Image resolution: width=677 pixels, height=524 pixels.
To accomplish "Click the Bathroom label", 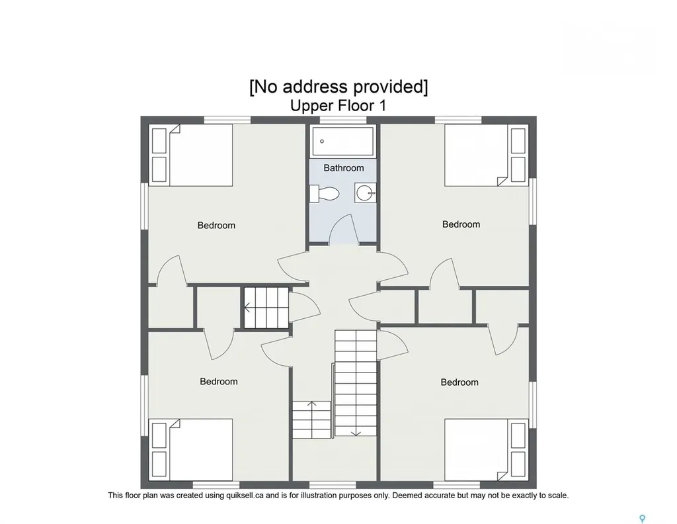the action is click(344, 167).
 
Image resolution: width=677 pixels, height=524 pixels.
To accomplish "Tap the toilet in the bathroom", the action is click(325, 193).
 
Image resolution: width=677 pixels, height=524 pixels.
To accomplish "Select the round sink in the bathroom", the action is click(365, 193).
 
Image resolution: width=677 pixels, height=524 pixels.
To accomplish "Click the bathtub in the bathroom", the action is click(343, 141).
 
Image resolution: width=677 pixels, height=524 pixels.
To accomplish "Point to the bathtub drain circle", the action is click(322, 142).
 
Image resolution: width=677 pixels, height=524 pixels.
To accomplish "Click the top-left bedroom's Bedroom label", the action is click(216, 225).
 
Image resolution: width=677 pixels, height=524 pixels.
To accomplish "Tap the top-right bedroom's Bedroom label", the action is click(461, 224).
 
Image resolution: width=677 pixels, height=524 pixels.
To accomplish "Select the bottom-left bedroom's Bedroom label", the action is click(218, 382).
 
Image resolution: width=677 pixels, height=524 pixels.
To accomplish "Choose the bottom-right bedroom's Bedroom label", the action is click(459, 382).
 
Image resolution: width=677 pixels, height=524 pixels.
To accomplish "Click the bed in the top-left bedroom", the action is click(191, 155).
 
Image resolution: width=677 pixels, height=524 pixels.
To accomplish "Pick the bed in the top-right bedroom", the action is click(487, 155).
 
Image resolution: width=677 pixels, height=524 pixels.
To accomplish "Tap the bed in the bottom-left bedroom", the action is click(191, 450).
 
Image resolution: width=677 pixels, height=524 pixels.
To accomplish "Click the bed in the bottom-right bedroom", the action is click(487, 450).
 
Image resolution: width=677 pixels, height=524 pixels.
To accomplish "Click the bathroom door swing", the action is click(343, 230).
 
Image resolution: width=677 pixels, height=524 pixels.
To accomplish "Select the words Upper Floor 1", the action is click(338, 105).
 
